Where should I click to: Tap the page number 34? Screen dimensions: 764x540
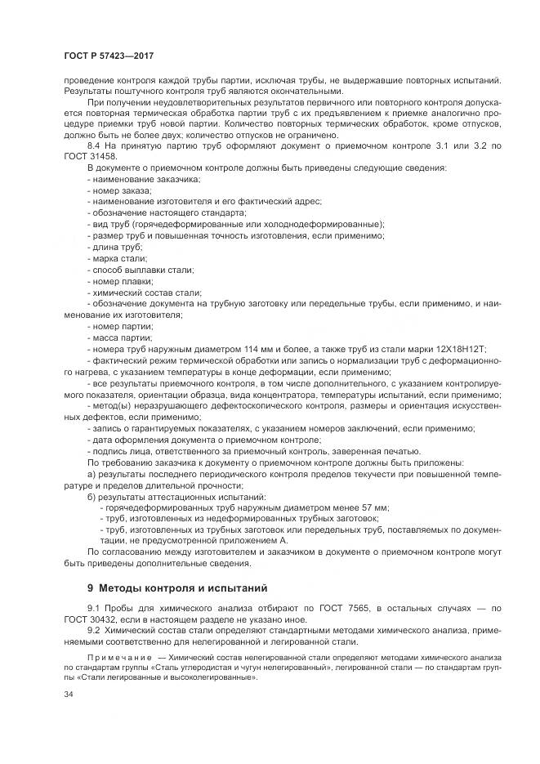69,695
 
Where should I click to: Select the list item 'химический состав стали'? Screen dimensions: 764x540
147,292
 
